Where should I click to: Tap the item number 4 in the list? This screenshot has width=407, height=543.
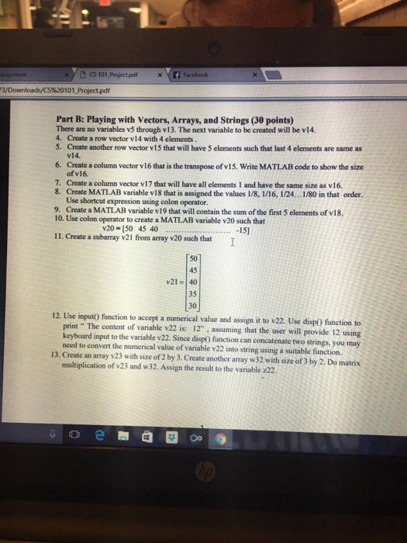pyautogui.click(x=59, y=137)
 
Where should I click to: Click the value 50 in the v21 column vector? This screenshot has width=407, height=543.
pyautogui.click(x=193, y=258)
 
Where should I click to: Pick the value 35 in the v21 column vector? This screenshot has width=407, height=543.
pyautogui.click(x=193, y=295)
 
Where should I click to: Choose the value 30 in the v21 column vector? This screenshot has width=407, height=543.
pyautogui.click(x=193, y=306)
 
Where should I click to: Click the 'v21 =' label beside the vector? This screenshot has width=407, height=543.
pyautogui.click(x=174, y=282)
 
